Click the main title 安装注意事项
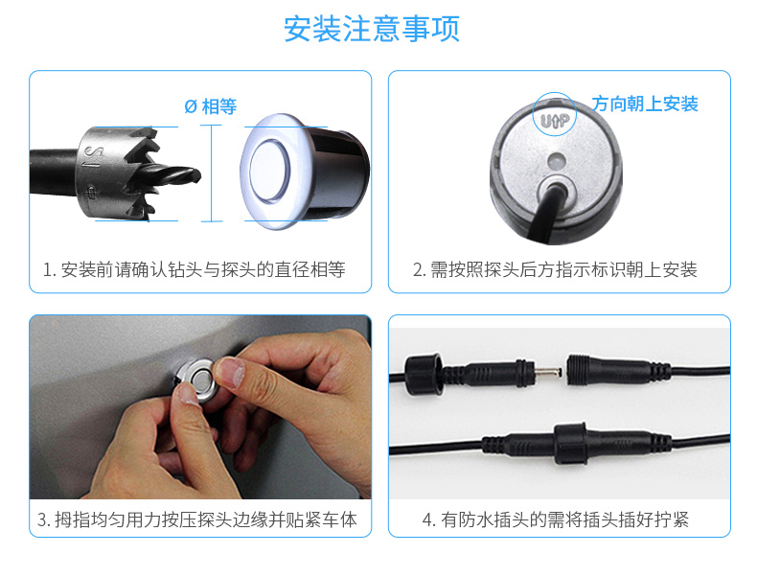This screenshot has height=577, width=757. pos(371,29)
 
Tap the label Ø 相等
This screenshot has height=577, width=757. pos(211,106)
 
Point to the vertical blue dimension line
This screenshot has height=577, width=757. pos(212,173)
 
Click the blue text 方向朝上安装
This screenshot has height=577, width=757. pos(645,104)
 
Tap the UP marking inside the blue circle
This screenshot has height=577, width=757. pos(555,121)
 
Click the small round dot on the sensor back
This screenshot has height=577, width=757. pos(556,160)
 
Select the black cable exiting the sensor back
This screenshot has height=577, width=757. pos(544,213)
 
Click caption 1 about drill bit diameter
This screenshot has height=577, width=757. pos(195,269)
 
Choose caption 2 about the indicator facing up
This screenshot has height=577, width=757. pos(555,269)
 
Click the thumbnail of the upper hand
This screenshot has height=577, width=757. pos(231,372)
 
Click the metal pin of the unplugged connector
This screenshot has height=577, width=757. pos(548,372)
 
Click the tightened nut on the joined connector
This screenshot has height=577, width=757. pos(571,443)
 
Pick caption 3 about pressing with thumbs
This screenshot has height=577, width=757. pos(197,519)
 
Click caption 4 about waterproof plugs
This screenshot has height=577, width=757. pos(555,519)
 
